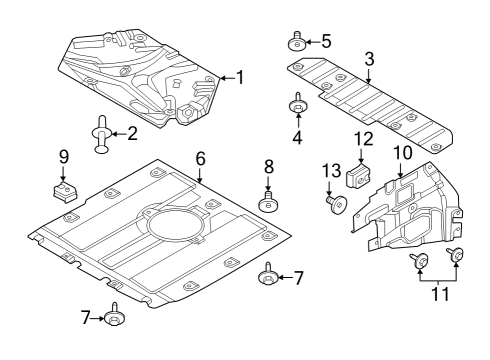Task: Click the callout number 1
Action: pyautogui.click(x=238, y=76)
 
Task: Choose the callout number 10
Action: pyautogui.click(x=402, y=151)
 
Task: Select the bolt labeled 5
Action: pyautogui.click(x=297, y=41)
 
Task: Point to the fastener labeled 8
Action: pyautogui.click(x=268, y=203)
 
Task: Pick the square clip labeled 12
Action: pyautogui.click(x=359, y=176)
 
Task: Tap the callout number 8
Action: pyautogui.click(x=268, y=165)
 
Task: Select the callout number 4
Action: pyautogui.click(x=297, y=137)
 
